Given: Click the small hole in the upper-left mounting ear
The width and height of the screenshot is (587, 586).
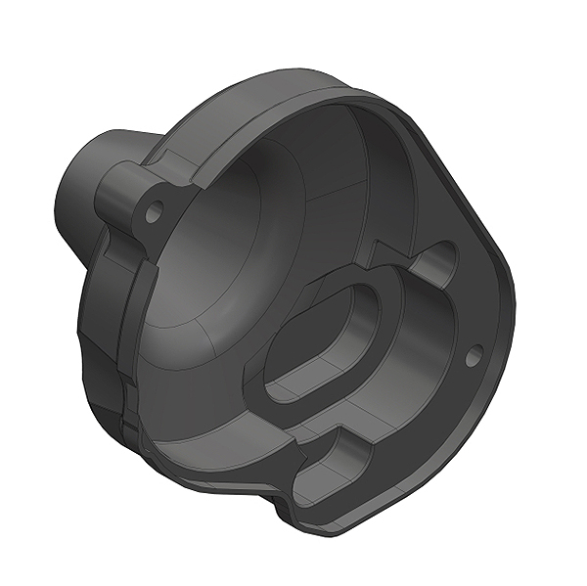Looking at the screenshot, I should (x=153, y=210).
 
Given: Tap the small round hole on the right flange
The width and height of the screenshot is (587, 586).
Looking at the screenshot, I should (x=473, y=357).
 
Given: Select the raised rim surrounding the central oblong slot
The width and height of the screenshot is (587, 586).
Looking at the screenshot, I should (x=264, y=391).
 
